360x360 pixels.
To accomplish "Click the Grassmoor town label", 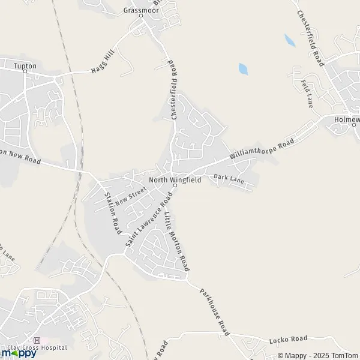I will point(140,10).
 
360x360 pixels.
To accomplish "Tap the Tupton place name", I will point(25,65).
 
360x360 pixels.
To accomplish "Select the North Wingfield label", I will point(175,179).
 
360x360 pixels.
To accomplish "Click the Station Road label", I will point(113,213).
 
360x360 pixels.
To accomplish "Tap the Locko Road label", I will point(292,339).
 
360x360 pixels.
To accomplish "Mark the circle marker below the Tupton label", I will point(25,71).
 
